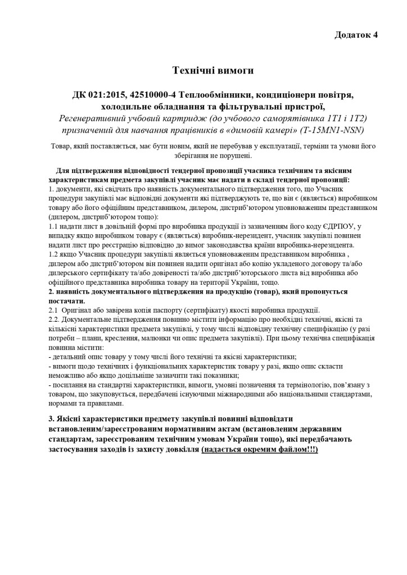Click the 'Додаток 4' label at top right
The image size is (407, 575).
pos(356,35)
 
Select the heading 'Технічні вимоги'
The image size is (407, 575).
pos(212,70)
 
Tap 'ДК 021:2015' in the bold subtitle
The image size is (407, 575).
pos(99,95)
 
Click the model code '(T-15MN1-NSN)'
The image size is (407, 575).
pos(333,130)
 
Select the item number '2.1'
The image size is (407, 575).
pos(54,311)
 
